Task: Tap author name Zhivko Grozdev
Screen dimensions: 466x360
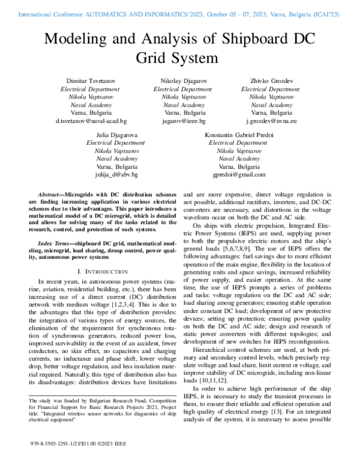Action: (266, 80)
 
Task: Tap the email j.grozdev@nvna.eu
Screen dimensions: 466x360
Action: (266, 121)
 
